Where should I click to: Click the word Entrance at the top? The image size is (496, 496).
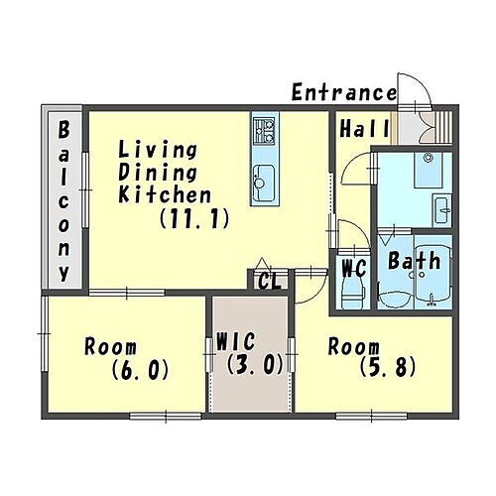343,93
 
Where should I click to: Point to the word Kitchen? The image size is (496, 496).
164,195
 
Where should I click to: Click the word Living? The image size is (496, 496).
158,150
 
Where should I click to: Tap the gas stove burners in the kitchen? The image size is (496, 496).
263,128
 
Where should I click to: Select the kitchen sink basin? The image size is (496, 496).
263,182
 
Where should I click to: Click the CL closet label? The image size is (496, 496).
269,281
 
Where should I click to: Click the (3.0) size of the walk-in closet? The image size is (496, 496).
254,365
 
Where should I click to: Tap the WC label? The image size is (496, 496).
354,268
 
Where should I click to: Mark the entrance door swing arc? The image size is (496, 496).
412,90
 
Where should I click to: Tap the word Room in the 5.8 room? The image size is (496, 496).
353,347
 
